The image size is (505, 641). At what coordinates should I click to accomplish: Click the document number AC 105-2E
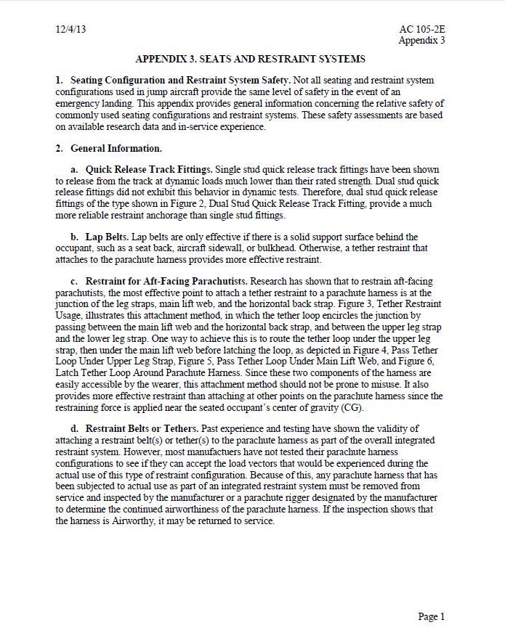click(422, 30)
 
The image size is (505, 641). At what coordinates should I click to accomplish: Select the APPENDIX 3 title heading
click(250, 59)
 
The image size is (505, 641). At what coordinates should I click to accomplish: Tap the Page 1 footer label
click(432, 616)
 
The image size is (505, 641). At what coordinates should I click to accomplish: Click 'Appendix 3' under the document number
click(421, 41)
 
